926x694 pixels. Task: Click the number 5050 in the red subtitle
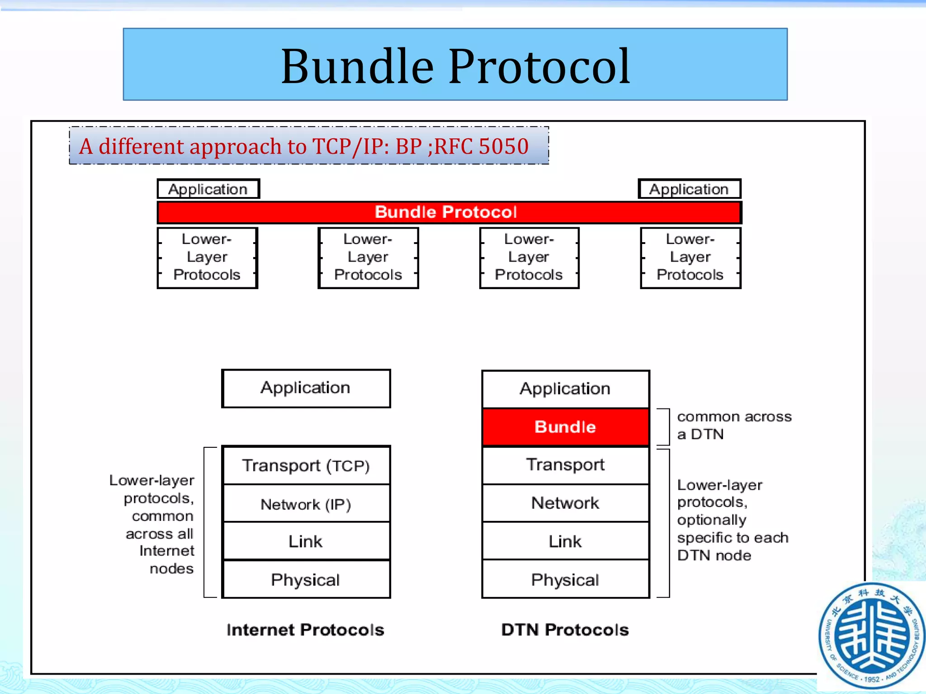pyautogui.click(x=503, y=146)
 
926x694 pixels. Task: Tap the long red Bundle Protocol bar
pyautogui.click(x=449, y=212)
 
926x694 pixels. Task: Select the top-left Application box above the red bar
pyautogui.click(x=208, y=189)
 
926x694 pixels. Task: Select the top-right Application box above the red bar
pyautogui.click(x=689, y=189)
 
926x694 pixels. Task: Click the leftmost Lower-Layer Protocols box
pyautogui.click(x=207, y=258)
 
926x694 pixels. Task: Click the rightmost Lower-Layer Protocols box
pyautogui.click(x=690, y=258)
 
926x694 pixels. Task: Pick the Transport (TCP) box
pyautogui.click(x=306, y=465)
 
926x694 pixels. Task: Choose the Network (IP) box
pyautogui.click(x=306, y=504)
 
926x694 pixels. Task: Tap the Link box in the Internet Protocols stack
pyautogui.click(x=306, y=541)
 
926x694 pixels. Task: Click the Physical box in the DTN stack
pyautogui.click(x=565, y=580)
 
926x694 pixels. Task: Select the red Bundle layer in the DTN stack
pyautogui.click(x=565, y=427)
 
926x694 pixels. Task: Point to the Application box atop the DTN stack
pyautogui.click(x=565, y=389)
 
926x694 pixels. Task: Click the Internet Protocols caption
pyautogui.click(x=305, y=630)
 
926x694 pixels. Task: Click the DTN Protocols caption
pyautogui.click(x=565, y=630)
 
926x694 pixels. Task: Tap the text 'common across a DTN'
pyautogui.click(x=733, y=425)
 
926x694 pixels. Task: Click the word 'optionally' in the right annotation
pyautogui.click(x=712, y=520)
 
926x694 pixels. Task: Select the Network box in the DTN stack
pyautogui.click(x=565, y=503)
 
